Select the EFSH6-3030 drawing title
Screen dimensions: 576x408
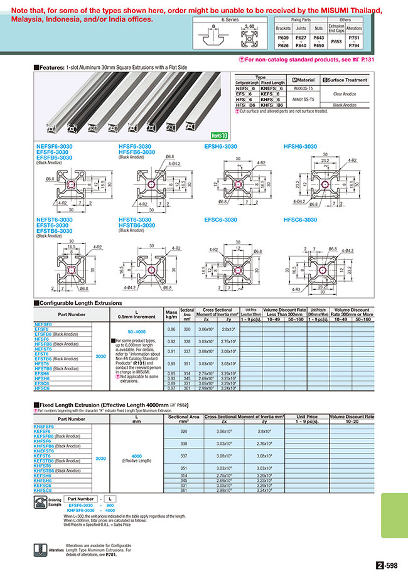pyautogui.click(x=220, y=146)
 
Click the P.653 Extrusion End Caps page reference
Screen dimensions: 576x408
pyautogui.click(x=336, y=41)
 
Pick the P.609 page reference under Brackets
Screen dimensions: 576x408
pyautogui.click(x=283, y=38)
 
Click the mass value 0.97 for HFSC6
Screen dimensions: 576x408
pyautogui.click(x=171, y=389)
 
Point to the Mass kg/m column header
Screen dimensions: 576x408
pyautogui.click(x=171, y=313)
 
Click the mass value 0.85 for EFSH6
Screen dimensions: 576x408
pyautogui.click(x=171, y=373)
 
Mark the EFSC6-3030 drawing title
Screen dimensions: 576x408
pyautogui.click(x=220, y=220)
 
